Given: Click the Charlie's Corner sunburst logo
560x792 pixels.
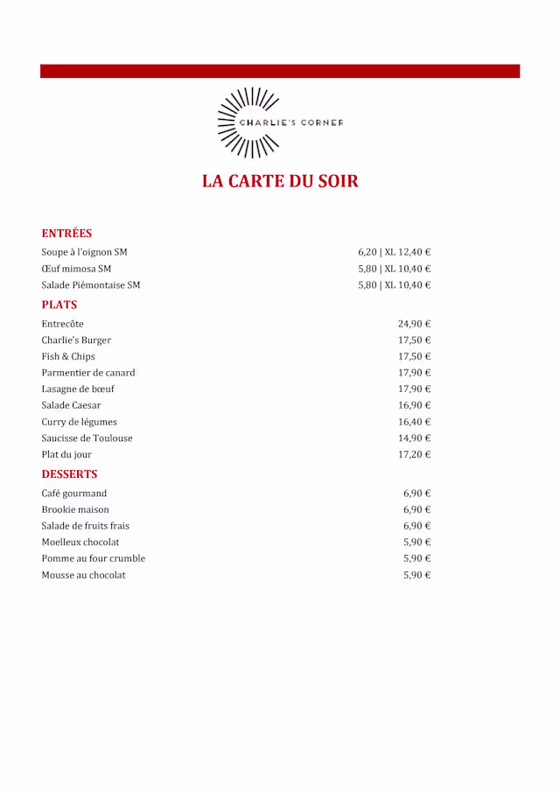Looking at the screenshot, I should coord(279,123).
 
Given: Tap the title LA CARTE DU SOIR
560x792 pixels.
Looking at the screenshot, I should coord(280,181).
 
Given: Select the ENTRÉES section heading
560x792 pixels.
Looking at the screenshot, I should coord(66,234).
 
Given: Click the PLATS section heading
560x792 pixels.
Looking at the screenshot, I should coord(59,305).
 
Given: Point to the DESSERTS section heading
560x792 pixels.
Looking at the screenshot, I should coord(69,474).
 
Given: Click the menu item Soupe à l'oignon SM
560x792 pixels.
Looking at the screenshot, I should coord(84,252).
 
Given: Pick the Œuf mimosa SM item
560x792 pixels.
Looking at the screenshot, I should coord(76,269).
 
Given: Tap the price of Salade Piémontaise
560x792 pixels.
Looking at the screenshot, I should coord(394,285).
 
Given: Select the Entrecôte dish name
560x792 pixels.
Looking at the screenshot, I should coord(62,324).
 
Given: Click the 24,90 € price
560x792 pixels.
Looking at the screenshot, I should coord(414,324).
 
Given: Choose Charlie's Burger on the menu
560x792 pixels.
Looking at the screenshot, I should coord(76,340).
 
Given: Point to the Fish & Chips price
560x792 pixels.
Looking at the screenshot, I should coord(414,356).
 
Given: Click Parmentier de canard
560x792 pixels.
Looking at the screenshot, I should coord(88,373).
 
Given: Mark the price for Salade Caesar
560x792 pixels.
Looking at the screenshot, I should coord(414,405).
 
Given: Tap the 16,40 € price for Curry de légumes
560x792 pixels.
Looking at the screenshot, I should coord(414,422).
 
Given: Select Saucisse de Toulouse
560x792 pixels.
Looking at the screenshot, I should coord(87,438).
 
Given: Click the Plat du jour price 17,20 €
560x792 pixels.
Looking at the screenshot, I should coord(414,454).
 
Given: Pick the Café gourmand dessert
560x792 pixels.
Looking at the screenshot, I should coord(74,494).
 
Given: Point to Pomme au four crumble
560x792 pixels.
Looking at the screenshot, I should coord(94,558).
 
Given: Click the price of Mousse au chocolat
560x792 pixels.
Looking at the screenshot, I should coord(416,575).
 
